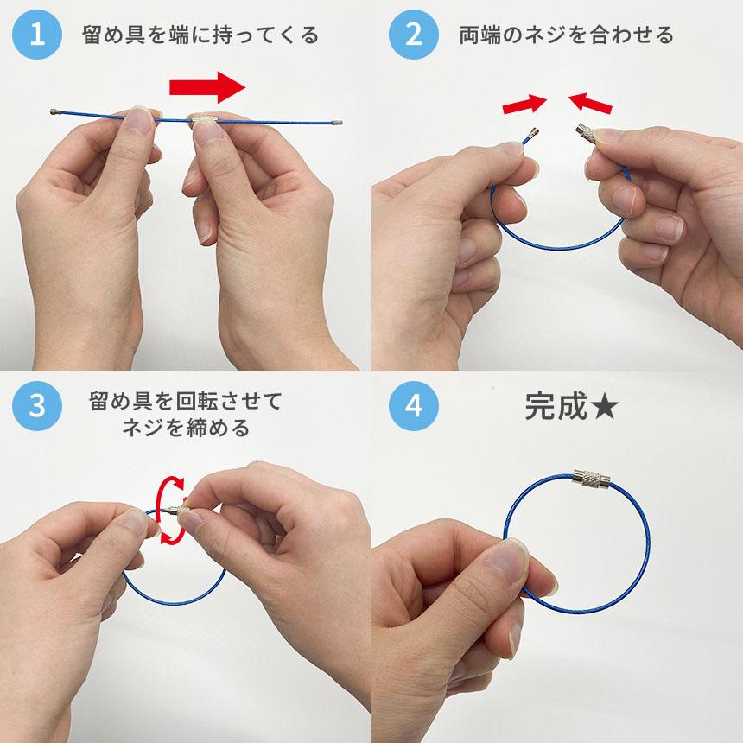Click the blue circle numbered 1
(x=37, y=35)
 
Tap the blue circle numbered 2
(x=413, y=35)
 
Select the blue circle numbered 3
(x=37, y=406)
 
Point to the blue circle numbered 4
(x=413, y=406)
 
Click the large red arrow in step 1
(x=207, y=87)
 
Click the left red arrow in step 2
(x=524, y=105)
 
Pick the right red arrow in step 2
(x=590, y=104)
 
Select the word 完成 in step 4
(x=556, y=406)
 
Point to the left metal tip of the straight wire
(x=55, y=111)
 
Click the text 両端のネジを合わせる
(x=566, y=35)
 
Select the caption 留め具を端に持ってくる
(x=200, y=35)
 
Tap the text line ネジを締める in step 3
(x=186, y=428)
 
